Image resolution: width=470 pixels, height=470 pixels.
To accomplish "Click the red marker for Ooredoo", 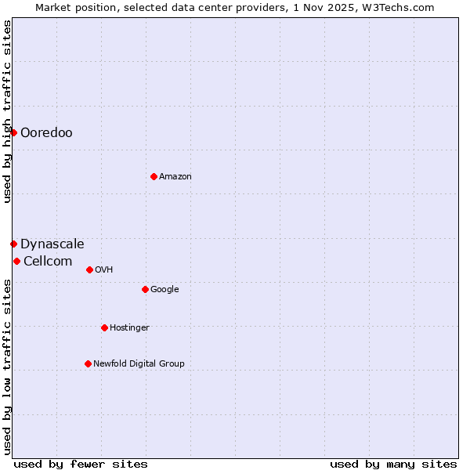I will [13, 132].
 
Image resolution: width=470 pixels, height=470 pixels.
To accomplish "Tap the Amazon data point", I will [154, 176].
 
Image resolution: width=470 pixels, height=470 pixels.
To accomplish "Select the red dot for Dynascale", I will [13, 244].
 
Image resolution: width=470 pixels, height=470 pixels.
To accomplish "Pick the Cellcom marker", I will [16, 261].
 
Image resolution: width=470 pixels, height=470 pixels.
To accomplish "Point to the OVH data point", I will [89, 269].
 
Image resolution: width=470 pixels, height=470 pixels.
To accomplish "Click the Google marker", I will [145, 289].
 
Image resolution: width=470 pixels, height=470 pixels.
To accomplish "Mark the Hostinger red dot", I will [104, 327].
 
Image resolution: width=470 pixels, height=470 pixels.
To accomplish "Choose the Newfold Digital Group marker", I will [88, 363].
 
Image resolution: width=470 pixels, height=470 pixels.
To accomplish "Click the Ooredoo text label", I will [46, 132].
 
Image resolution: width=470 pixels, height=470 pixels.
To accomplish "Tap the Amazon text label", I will [175, 176].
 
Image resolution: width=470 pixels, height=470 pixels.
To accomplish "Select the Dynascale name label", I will [52, 244].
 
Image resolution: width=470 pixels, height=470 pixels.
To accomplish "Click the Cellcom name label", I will [48, 261].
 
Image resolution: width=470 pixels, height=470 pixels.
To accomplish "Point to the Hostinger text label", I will [129, 327].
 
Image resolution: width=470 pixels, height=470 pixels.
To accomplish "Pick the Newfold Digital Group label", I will [139, 363].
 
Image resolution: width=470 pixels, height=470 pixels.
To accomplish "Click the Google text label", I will [164, 289].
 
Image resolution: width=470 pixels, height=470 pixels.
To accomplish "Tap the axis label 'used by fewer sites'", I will [81, 464].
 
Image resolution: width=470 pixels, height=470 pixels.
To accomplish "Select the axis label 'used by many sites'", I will [393, 464].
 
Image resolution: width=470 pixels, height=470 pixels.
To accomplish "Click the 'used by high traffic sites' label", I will [7, 111].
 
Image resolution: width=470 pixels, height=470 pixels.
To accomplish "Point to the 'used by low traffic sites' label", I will [7, 367].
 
